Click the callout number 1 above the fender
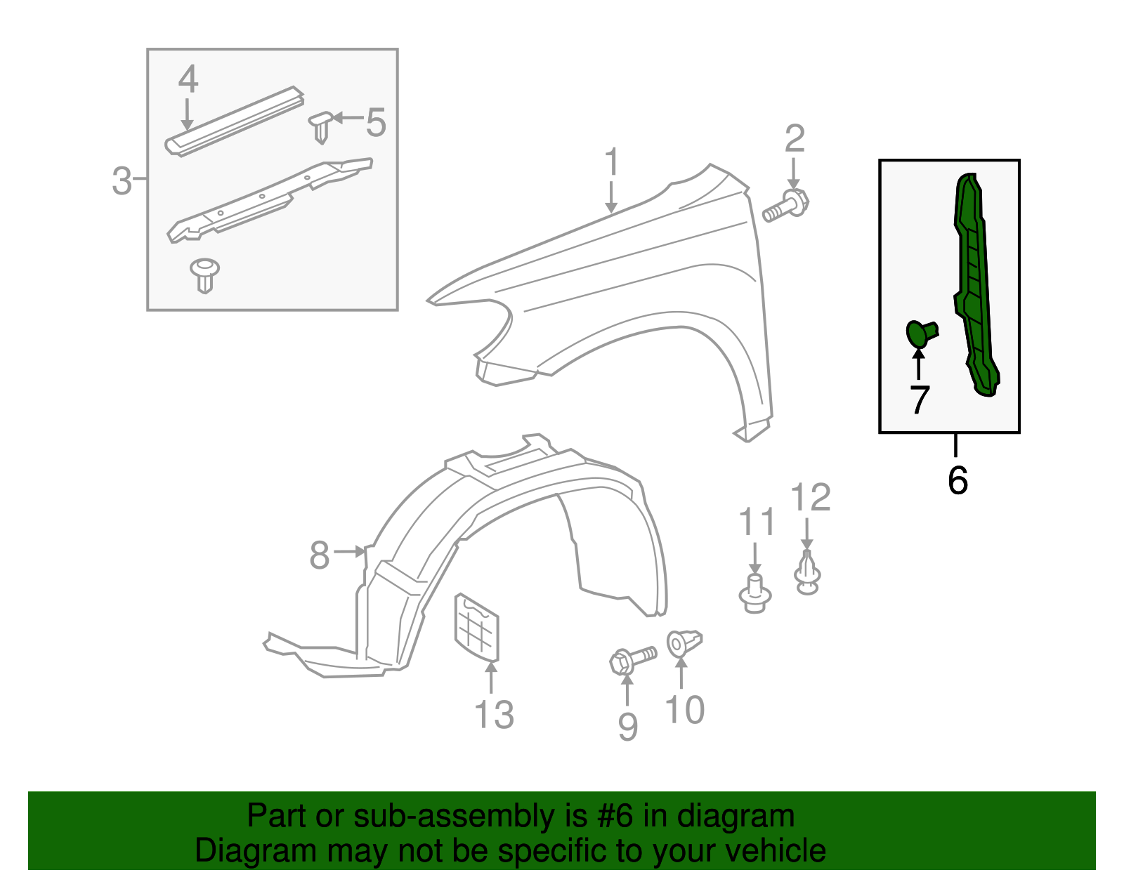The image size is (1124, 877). [612, 162]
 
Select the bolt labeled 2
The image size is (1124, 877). [787, 207]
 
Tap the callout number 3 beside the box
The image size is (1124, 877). [122, 181]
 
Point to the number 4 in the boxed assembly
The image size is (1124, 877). [188, 79]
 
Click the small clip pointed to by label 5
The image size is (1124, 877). [320, 126]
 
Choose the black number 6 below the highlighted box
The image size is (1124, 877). [958, 480]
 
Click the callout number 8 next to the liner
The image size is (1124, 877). [319, 555]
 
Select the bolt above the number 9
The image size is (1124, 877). [632, 659]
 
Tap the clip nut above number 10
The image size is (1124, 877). [684, 642]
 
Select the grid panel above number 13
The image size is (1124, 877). [477, 627]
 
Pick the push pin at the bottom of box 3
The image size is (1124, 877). [204, 275]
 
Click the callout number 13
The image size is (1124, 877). [494, 715]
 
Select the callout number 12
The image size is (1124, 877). [811, 498]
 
